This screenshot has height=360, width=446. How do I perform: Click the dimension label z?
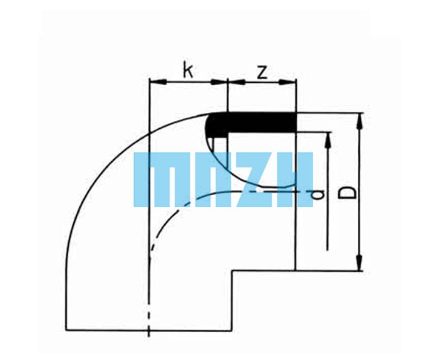point(262,72)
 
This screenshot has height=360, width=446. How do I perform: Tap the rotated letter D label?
point(347,193)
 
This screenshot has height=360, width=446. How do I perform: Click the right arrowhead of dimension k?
point(219,82)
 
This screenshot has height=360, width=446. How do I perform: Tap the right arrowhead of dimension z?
point(287,82)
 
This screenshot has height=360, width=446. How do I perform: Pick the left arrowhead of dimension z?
point(236,82)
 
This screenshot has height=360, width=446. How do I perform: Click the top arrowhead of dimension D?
point(360,121)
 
